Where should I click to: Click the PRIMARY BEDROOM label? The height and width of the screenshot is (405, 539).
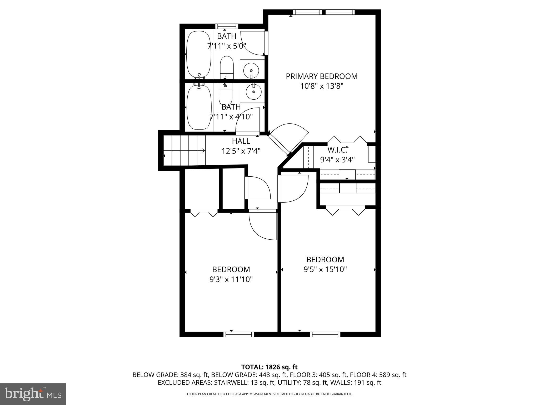tap(322, 76)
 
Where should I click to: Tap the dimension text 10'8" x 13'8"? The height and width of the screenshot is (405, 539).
tap(322, 86)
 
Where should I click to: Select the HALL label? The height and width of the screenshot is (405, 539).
tap(241, 141)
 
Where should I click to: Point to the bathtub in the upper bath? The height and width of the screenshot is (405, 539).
tap(199, 54)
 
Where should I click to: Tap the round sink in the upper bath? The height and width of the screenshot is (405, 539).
tap(251, 71)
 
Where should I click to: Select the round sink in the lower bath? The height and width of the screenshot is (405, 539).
tap(253, 92)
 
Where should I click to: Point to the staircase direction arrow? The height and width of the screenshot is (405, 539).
tap(203, 150)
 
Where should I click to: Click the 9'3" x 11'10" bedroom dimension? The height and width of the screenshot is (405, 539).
tap(231, 279)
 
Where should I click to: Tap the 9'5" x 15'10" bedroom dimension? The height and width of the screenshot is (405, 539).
tap(325, 269)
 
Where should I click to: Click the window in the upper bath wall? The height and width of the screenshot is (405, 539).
tap(227, 26)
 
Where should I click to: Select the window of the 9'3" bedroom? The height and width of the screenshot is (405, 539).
tap(238, 334)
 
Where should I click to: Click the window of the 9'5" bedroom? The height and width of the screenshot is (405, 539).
tap(325, 334)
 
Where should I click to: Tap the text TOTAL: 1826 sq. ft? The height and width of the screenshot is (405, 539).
tap(269, 367)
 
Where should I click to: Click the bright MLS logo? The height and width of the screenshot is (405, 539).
tap(33, 394)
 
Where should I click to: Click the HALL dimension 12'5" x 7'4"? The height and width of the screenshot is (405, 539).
tap(241, 151)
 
